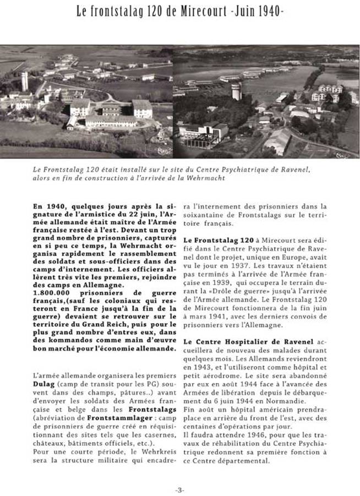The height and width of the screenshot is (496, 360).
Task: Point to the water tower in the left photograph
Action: pyautogui.click(x=24, y=81)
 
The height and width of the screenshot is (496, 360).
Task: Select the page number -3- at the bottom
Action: pyautogui.click(x=179, y=489)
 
